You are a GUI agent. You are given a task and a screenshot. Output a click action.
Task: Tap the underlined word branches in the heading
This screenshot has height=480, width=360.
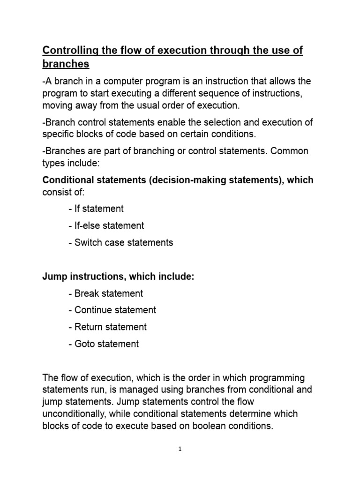pos(66,64)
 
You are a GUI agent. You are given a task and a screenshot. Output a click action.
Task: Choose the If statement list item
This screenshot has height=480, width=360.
pos(96,209)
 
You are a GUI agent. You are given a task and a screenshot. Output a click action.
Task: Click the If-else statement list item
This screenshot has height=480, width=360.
pos(106,225)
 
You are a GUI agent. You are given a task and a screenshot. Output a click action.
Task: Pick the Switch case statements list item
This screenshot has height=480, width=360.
pos(120,242)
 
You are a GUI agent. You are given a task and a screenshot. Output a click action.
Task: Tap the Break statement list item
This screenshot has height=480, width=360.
pos(105,293)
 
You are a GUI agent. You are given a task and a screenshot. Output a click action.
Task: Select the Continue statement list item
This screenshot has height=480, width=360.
pos(112,310)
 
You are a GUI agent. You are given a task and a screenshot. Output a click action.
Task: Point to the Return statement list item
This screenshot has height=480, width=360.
pos(107,327)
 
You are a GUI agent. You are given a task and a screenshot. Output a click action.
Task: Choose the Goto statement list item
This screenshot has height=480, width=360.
pos(104,344)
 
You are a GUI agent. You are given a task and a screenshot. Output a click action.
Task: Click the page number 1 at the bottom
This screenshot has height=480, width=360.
pos(180,449)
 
